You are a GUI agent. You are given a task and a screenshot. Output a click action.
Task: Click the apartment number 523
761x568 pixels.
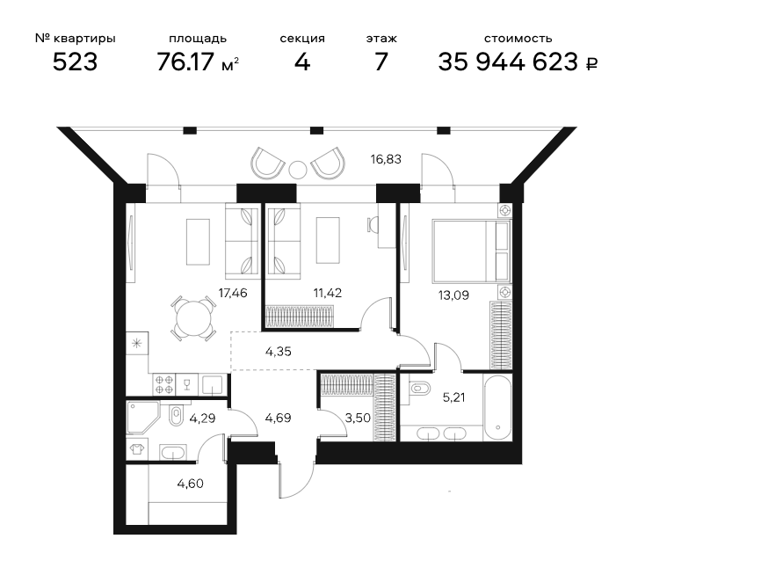coord(75,62)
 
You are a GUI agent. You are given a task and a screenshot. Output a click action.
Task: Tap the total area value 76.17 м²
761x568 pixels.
coord(198,62)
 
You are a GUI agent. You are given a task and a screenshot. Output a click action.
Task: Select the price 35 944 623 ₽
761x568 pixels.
coord(518,62)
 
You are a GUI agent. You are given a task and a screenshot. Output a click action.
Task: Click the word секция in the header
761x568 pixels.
coord(302,39)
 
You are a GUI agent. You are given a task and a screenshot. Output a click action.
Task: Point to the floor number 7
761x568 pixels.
coord(381,62)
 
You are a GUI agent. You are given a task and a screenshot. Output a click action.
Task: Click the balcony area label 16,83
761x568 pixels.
coord(386,159)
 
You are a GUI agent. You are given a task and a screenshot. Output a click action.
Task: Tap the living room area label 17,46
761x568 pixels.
coord(233,293)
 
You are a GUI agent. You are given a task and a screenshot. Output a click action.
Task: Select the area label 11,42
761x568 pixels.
coord(327,293)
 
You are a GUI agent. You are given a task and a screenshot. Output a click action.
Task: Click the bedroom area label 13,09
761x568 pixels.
coord(453,295)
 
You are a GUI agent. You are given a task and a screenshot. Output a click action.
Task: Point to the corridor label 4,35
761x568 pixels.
coord(279,352)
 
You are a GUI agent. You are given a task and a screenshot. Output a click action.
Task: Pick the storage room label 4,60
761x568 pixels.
coord(190,484)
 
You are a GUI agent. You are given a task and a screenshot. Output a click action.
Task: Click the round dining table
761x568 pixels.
coord(193,318)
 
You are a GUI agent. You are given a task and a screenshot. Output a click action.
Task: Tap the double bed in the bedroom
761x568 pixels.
coord(472,251)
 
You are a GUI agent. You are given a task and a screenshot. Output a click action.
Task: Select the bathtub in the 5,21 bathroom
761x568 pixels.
coord(497,407)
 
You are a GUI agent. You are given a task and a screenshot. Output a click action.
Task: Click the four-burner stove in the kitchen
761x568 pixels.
coord(164,384)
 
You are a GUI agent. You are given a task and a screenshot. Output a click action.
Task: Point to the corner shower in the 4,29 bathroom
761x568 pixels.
coord(142,417)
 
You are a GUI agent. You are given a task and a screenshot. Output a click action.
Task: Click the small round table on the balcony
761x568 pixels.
coord(298,169)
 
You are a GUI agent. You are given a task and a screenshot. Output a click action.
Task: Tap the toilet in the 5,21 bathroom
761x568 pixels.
coord(419,389)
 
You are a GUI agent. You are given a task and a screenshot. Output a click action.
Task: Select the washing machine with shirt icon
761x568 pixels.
coord(136,448)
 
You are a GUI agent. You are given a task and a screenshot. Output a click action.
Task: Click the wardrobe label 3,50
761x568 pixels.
coord(358,418)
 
